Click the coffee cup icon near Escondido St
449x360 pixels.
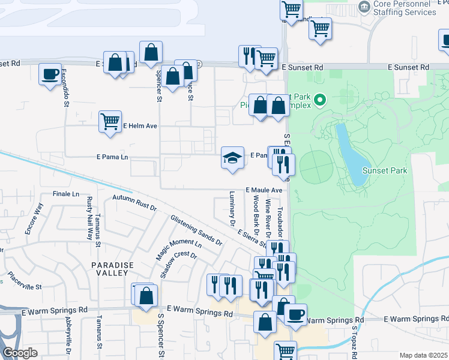tap(49, 74)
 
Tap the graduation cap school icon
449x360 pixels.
tap(233, 158)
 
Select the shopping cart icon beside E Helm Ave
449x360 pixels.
tap(110, 122)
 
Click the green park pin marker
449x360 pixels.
tap(320, 100)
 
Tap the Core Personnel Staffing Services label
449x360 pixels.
tap(405, 8)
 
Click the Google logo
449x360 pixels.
tap(20, 353)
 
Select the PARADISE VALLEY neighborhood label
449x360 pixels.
tap(110, 268)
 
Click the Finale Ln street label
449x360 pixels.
tap(66, 194)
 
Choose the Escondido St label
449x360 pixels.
tap(65, 87)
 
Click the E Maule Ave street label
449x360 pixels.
tap(264, 190)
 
